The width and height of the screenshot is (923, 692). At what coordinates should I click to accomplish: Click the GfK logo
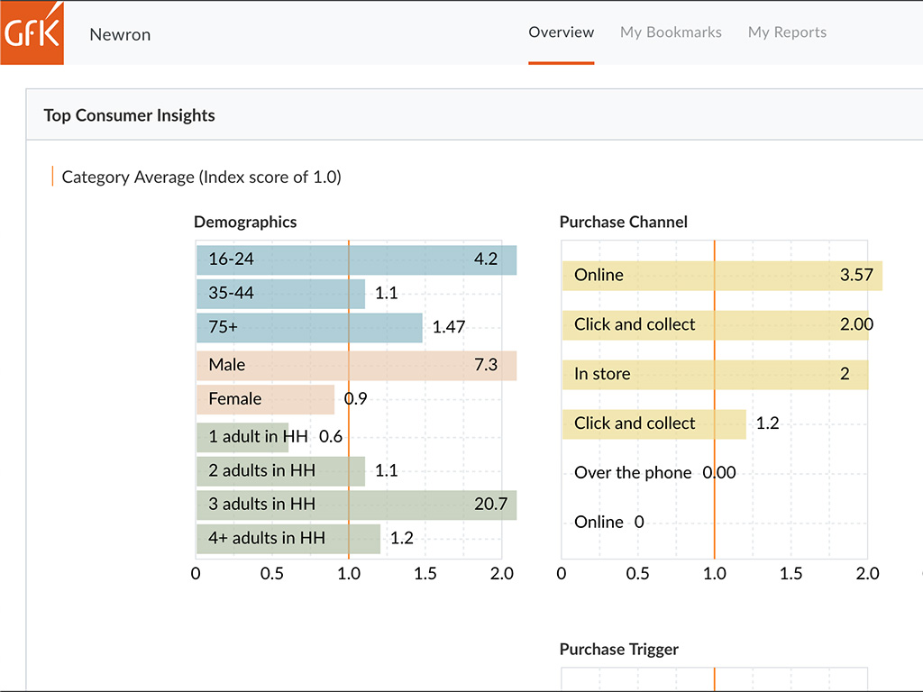coord(32,32)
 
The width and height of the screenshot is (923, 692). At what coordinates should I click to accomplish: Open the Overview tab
coord(561,32)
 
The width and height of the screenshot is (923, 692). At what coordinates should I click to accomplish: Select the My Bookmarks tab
coord(671,32)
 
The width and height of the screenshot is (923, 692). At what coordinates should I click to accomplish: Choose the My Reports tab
coord(787,32)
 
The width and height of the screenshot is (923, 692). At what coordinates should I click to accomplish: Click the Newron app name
coord(120,35)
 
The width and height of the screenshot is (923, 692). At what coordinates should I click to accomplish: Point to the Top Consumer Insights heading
coord(129,115)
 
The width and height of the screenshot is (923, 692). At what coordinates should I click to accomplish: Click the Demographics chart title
coord(245,222)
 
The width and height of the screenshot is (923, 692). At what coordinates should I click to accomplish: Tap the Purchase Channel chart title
coord(623,222)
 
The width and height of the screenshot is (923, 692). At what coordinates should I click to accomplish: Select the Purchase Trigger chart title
coord(618,650)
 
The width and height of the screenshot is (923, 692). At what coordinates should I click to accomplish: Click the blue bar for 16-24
coord(356,259)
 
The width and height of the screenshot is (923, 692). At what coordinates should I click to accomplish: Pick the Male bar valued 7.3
coord(356,365)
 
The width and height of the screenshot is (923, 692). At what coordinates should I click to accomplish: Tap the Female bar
coord(265,399)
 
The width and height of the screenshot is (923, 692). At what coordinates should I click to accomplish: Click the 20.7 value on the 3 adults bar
coord(490,504)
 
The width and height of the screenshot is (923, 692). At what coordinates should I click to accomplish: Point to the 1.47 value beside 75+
coord(449,327)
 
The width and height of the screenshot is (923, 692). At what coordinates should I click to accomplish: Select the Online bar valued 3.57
coord(721,276)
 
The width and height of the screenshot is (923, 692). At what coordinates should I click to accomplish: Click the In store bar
coord(714,374)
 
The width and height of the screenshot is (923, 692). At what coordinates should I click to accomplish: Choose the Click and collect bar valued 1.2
coord(653,423)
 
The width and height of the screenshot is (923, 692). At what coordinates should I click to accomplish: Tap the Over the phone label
coord(633,473)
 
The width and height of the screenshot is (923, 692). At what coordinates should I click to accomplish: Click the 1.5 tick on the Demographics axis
coord(425,574)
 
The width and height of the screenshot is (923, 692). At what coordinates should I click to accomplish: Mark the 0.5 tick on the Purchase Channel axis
coord(638,574)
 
